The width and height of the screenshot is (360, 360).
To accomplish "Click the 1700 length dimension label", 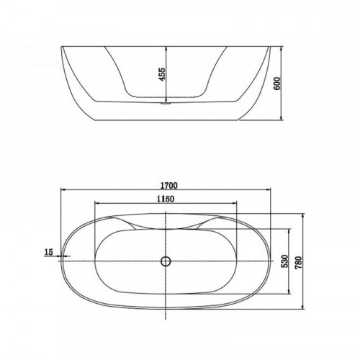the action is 169,185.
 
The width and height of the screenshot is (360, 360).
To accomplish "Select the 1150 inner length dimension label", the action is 166,199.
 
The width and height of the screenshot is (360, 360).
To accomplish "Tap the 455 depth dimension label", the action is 162,74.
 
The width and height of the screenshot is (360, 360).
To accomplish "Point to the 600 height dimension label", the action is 277,84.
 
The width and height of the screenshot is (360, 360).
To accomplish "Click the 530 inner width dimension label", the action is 284,261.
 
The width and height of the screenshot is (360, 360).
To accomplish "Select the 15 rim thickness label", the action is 48,252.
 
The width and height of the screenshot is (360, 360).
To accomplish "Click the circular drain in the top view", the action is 166,261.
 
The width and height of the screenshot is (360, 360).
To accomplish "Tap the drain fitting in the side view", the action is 166,103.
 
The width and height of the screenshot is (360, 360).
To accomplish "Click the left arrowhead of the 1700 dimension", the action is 63,189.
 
